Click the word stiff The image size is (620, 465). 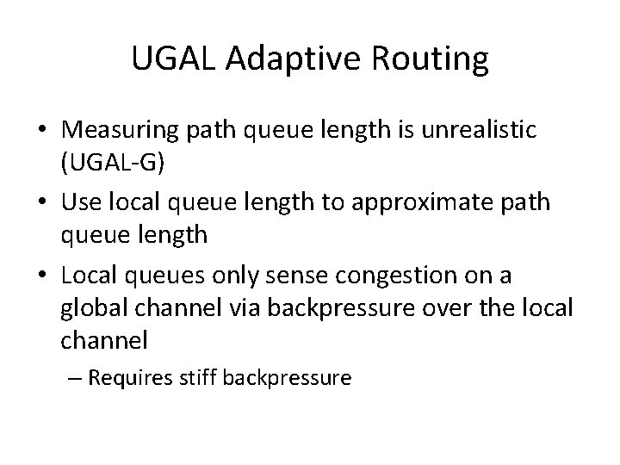(201, 377)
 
